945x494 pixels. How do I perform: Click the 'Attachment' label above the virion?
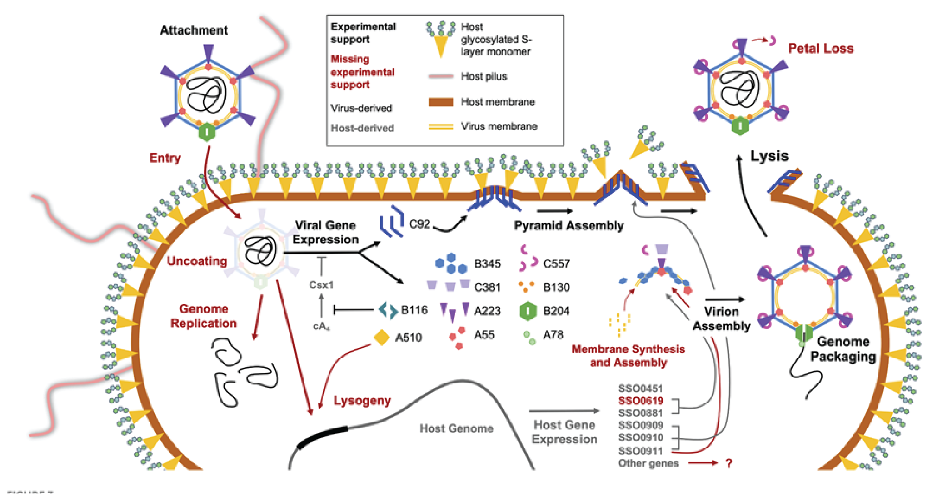click(194, 30)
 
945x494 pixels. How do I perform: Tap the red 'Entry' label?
click(165, 158)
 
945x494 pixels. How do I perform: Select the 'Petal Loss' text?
click(820, 48)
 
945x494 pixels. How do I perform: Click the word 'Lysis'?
click(769, 156)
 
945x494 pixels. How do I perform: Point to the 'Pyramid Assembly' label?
click(568, 225)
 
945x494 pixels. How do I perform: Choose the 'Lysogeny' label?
click(362, 400)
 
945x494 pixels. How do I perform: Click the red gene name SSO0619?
click(641, 400)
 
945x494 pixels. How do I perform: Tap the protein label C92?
click(420, 224)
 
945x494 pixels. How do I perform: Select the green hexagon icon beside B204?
click(528, 311)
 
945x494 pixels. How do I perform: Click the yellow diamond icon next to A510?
click(381, 337)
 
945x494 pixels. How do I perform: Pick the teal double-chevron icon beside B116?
click(388, 310)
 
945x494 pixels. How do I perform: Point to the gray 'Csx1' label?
click(321, 285)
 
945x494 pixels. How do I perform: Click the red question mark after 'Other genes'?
click(729, 463)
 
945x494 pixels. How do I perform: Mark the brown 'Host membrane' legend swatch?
click(440, 102)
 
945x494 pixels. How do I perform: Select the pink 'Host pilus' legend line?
click(440, 76)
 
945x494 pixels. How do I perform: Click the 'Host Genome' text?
click(456, 428)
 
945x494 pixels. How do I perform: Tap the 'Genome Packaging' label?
click(843, 349)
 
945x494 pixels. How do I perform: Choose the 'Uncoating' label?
click(197, 261)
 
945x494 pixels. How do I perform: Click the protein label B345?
click(488, 264)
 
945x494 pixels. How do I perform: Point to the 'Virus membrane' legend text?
click(499, 126)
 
